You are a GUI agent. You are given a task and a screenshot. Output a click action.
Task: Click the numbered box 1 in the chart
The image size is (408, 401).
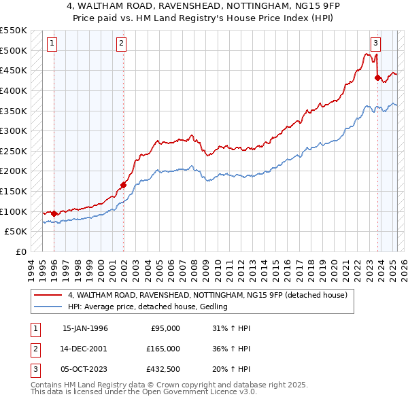(52, 44)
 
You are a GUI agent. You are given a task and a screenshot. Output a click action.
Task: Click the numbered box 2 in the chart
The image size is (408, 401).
(121, 44)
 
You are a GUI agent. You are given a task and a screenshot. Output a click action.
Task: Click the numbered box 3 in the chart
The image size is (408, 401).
(375, 44)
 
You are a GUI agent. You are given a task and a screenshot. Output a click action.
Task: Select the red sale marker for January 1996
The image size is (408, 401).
(54, 213)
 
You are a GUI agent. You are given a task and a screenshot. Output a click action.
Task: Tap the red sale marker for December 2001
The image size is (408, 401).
(124, 185)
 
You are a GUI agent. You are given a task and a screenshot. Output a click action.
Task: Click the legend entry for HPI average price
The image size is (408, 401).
(148, 307)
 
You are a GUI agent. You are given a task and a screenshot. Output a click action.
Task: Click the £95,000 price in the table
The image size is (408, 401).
(165, 328)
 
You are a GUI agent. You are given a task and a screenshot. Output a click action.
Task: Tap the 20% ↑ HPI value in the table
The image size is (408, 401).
(237, 369)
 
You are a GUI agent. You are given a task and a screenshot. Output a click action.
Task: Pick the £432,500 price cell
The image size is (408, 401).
(163, 369)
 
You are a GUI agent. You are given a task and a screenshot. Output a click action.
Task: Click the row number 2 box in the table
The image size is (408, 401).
(35, 349)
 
